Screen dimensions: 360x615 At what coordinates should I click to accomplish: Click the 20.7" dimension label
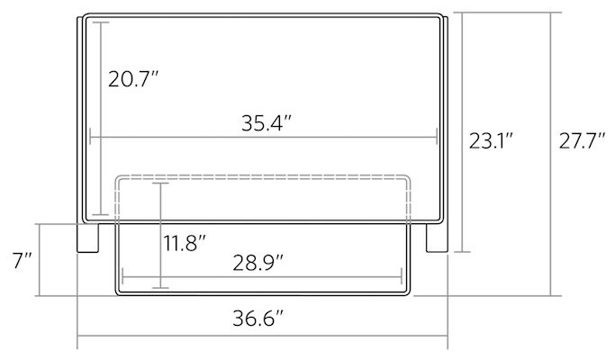(x=134, y=79)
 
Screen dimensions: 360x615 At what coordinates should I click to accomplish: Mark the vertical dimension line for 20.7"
(x=100, y=117)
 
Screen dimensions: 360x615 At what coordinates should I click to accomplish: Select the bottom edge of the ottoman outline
(x=261, y=293)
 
